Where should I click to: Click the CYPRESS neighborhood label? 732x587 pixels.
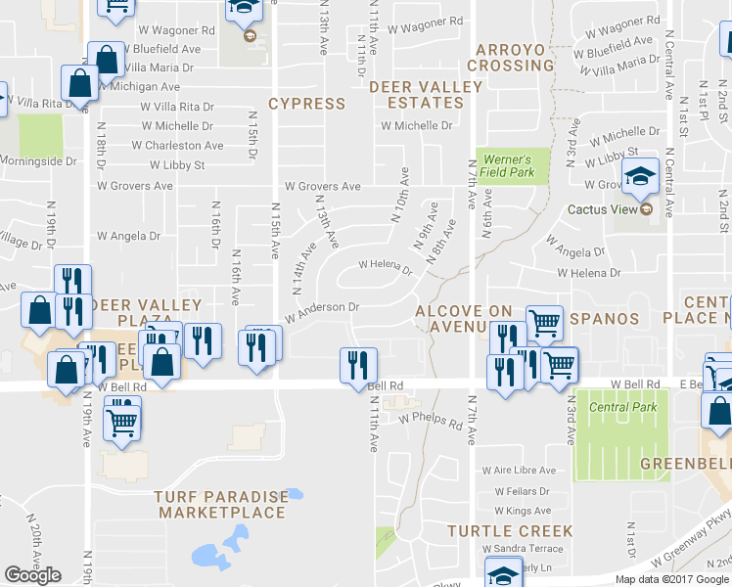306,103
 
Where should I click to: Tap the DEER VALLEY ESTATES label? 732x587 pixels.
426,95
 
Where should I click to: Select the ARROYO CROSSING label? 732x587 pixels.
509,58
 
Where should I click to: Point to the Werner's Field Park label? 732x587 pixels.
506,165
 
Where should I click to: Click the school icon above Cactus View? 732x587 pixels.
641,176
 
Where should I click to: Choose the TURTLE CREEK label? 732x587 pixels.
510,530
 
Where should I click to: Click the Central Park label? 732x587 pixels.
615,407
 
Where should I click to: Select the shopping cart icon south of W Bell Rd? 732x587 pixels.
123,422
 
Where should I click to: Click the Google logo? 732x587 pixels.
32,575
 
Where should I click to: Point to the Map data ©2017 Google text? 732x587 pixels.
671,579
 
